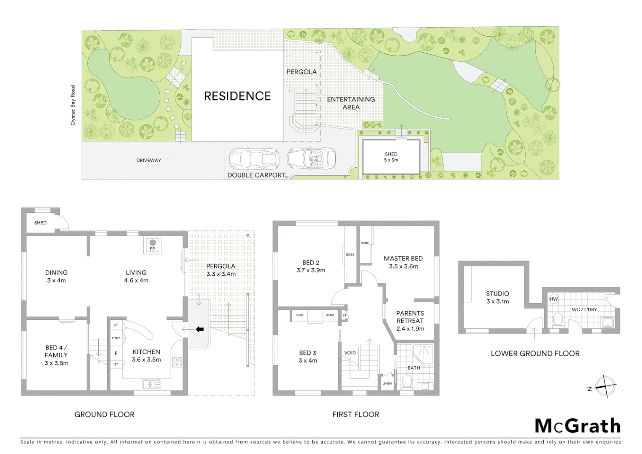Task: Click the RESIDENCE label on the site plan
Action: (x=237, y=96)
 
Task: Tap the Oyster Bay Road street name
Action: (x=73, y=105)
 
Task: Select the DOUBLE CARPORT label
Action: (x=256, y=175)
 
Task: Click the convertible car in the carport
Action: (x=311, y=158)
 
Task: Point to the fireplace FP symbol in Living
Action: (x=153, y=245)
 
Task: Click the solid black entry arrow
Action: (x=200, y=329)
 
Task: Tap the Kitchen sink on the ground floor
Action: (x=151, y=384)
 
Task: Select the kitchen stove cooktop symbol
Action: (x=177, y=362)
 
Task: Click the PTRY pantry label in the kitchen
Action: (x=116, y=338)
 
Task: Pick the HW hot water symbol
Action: (x=554, y=299)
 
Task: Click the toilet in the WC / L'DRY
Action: (x=558, y=319)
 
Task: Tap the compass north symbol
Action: (x=605, y=386)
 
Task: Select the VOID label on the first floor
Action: (x=350, y=353)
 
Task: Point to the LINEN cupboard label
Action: (x=387, y=383)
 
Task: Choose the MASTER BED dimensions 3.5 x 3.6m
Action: (x=403, y=267)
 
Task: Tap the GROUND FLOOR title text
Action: (x=105, y=414)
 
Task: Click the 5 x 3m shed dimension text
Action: (x=391, y=160)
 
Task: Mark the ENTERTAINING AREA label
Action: (x=351, y=103)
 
